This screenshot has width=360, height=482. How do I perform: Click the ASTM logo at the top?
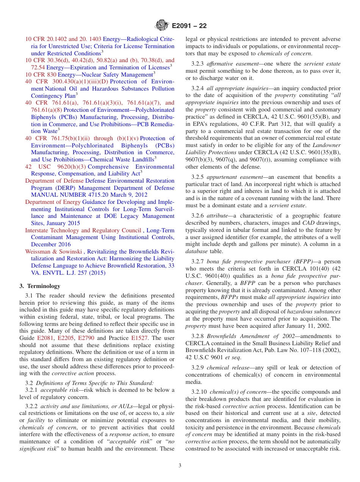click(x=162, y=26)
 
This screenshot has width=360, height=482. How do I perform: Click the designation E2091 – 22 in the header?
click(x=189, y=26)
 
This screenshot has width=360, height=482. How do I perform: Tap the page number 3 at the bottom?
click(x=180, y=465)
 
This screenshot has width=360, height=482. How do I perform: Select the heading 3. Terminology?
click(x=40, y=286)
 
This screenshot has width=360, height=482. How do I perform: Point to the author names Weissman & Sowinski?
click(x=53, y=252)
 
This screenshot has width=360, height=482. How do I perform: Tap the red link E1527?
click(x=139, y=338)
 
